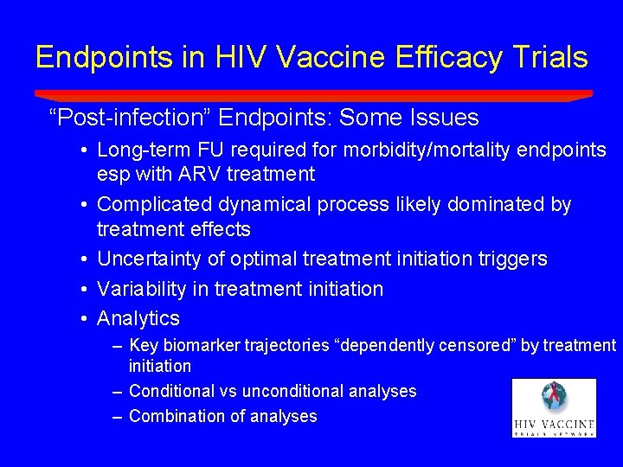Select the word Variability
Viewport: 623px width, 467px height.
coord(138,289)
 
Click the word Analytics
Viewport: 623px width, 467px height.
coord(138,318)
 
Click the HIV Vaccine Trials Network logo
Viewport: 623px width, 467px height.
coord(554,407)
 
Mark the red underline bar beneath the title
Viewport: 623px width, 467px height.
coord(313,95)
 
